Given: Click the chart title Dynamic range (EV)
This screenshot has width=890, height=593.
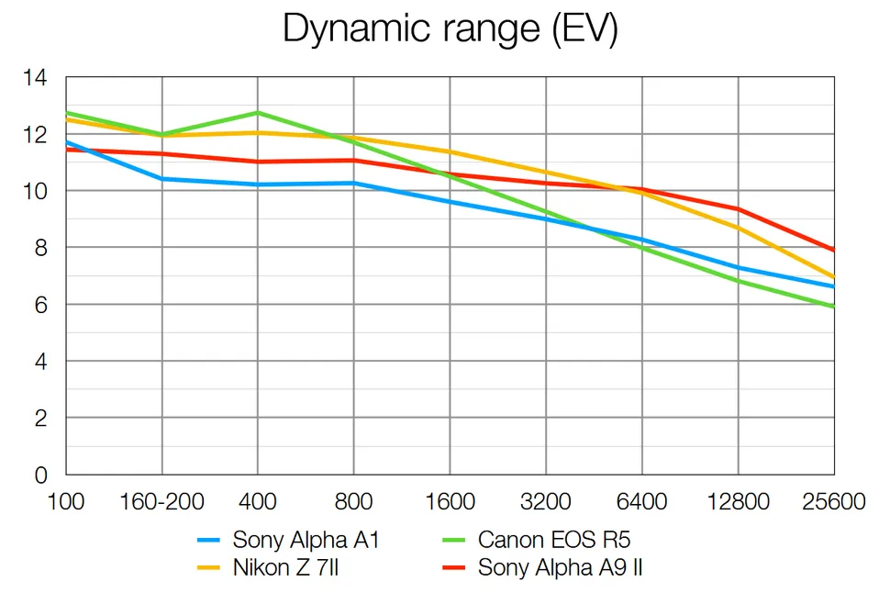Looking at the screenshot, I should click(450, 28).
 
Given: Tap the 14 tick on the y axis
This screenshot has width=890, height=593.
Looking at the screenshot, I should click(35, 78).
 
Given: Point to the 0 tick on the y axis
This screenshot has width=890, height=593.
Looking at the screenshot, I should click(41, 475).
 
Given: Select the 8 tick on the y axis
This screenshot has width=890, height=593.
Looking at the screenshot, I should click(41, 248).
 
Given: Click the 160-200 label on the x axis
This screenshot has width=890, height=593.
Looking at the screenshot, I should click(162, 502).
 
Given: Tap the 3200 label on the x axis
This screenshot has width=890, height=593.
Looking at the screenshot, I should click(546, 502).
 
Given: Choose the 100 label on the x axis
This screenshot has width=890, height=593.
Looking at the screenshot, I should click(65, 502).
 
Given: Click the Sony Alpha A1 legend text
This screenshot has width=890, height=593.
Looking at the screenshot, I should click(306, 540).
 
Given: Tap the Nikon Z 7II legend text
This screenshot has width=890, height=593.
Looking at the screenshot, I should click(288, 567).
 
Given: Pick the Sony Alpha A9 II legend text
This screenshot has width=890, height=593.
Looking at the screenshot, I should click(560, 567).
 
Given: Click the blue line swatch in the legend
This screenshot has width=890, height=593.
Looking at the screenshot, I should click(211, 541).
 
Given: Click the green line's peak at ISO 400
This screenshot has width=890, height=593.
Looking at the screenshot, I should click(258, 113).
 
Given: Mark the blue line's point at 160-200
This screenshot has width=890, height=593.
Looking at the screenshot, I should click(162, 179).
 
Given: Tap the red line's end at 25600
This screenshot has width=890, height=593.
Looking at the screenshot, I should click(833, 250).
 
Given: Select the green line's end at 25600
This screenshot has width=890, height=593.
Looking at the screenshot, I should click(833, 307).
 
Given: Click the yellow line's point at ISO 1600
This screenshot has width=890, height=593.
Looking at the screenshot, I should click(450, 152).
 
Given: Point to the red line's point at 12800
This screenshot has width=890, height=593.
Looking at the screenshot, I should click(738, 209).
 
